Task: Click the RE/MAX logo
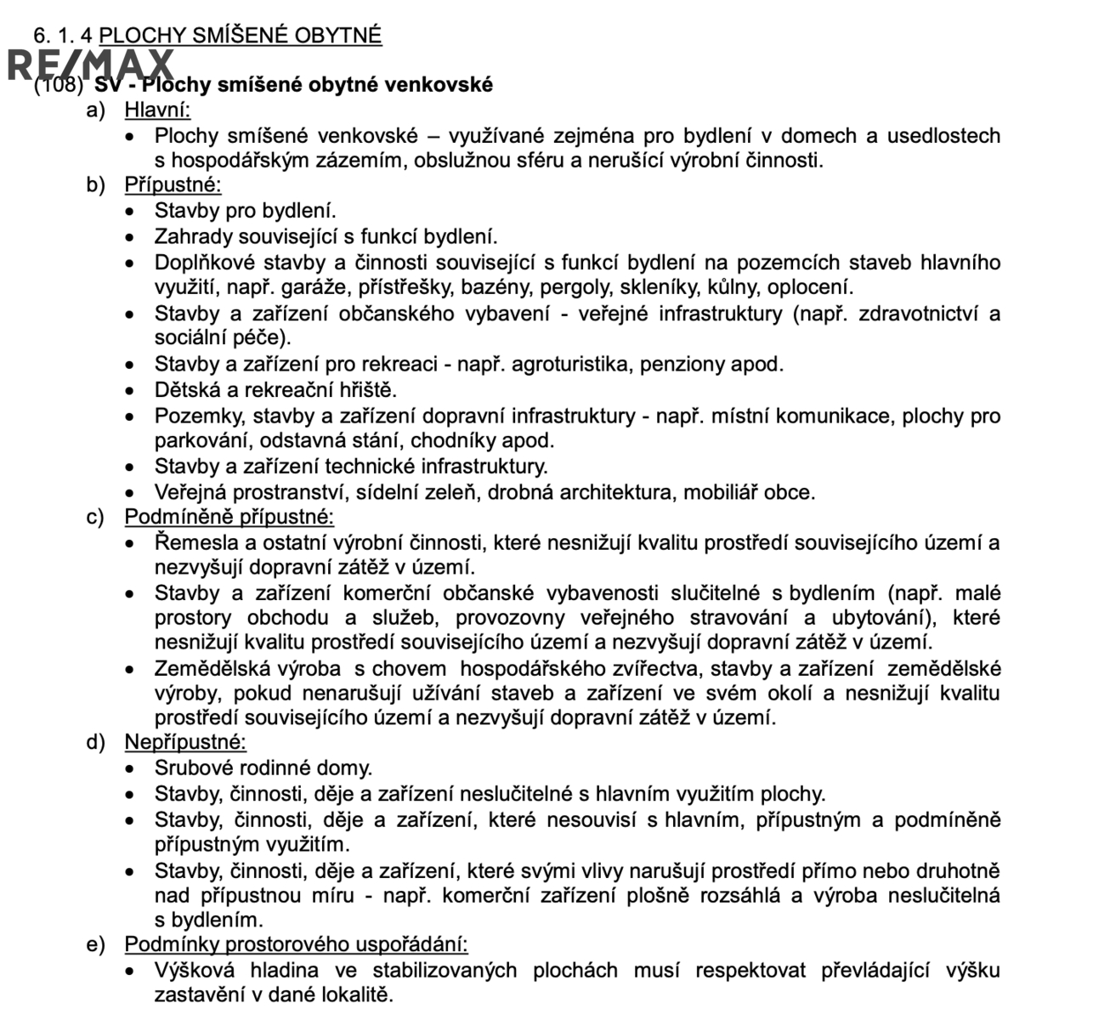coord(89,65)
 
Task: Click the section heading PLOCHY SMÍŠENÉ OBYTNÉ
coord(241,36)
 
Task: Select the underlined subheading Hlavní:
coord(157,110)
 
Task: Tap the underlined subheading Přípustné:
coord(173,185)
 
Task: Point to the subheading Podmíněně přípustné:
coord(229,517)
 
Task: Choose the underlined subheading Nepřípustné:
coord(185,742)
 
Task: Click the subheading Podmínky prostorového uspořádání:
coord(296,944)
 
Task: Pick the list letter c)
coord(95,517)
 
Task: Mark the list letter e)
coord(95,944)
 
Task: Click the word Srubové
coord(192,768)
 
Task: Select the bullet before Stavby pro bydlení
coord(130,212)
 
